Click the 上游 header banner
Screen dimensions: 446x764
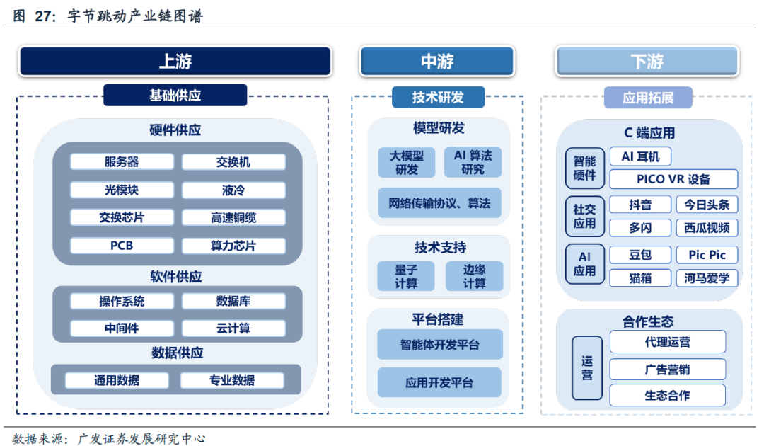click(175, 62)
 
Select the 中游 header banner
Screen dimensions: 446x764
click(436, 62)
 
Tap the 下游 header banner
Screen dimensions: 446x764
click(647, 62)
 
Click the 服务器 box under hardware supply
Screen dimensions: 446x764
click(122, 162)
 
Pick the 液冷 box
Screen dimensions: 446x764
click(233, 190)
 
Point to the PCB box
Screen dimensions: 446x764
click(122, 246)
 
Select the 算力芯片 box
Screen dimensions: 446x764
click(233, 246)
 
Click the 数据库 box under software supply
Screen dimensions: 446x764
click(233, 301)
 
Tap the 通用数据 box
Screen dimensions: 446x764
click(117, 380)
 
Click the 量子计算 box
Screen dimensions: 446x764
click(407, 276)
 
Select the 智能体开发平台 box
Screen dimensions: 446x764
click(439, 345)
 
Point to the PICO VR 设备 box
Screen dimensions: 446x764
click(673, 179)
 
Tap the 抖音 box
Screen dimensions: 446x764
click(640, 205)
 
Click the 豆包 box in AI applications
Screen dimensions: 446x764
click(640, 255)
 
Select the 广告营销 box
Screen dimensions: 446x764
click(667, 370)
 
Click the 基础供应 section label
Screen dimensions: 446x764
click(175, 95)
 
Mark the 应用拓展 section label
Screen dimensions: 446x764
click(648, 98)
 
